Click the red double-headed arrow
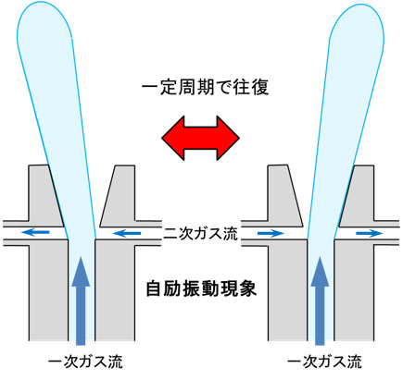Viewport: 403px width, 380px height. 200,138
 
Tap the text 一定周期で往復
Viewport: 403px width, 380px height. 206,87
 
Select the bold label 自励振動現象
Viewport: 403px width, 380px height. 201,288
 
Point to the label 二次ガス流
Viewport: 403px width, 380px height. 201,234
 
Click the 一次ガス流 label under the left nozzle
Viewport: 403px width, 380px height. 85,362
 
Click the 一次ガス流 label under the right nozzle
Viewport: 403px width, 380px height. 324,362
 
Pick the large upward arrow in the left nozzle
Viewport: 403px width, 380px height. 81,300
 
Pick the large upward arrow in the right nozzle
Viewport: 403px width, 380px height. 320,300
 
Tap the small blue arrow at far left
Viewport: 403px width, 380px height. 35,232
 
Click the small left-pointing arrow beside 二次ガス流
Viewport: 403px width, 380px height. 127,234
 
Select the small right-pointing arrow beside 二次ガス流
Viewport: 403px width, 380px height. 271,234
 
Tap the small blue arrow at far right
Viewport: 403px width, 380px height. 370,234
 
